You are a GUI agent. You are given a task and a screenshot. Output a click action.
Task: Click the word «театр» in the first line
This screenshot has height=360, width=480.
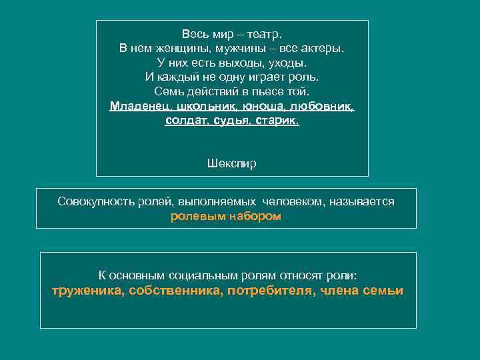266,33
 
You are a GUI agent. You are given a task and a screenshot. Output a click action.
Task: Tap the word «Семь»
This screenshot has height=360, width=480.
167,91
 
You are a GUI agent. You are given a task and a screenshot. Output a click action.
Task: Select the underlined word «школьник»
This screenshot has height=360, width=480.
205,107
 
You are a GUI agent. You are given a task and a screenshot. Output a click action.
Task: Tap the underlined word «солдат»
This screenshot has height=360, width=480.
185,121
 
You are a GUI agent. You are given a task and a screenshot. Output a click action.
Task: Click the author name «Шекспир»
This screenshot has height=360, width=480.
232,163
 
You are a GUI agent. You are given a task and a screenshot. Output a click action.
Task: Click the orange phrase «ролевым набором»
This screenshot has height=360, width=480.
226,216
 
